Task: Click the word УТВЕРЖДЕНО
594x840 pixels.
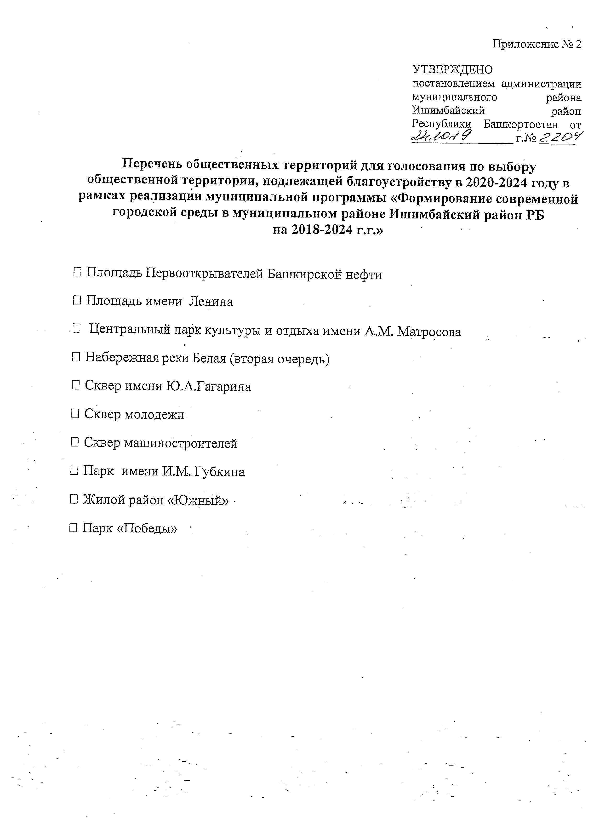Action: tap(452, 69)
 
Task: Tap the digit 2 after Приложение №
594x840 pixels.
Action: tap(578, 44)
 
